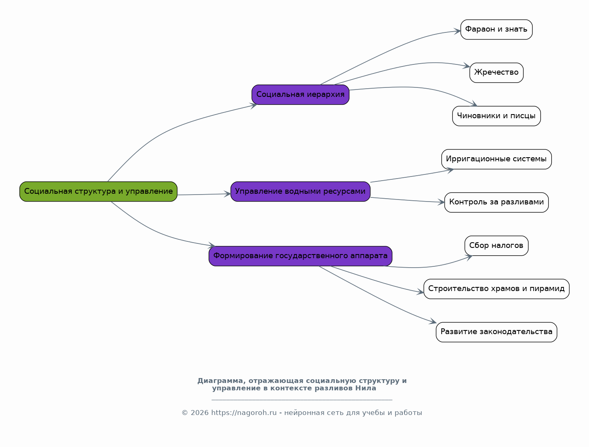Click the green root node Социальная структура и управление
tap(98, 191)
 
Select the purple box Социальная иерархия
tap(300, 94)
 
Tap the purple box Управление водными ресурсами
tap(300, 191)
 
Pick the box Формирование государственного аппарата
tap(300, 256)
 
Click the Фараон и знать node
tap(496, 30)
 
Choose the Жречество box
tap(496, 73)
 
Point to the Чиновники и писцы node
tap(496, 116)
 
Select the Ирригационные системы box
tap(496, 159)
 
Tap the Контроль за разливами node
tap(496, 202)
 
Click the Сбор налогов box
tap(496, 245)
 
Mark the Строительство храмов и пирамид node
tap(496, 289)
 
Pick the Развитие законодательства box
tap(496, 332)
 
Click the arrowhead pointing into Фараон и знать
tap(457, 31)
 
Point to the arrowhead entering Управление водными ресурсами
tap(228, 194)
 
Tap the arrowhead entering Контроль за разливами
tap(441, 202)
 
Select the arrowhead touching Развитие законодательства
tap(433, 321)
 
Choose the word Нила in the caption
tap(366, 388)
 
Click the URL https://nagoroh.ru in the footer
tap(244, 413)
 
